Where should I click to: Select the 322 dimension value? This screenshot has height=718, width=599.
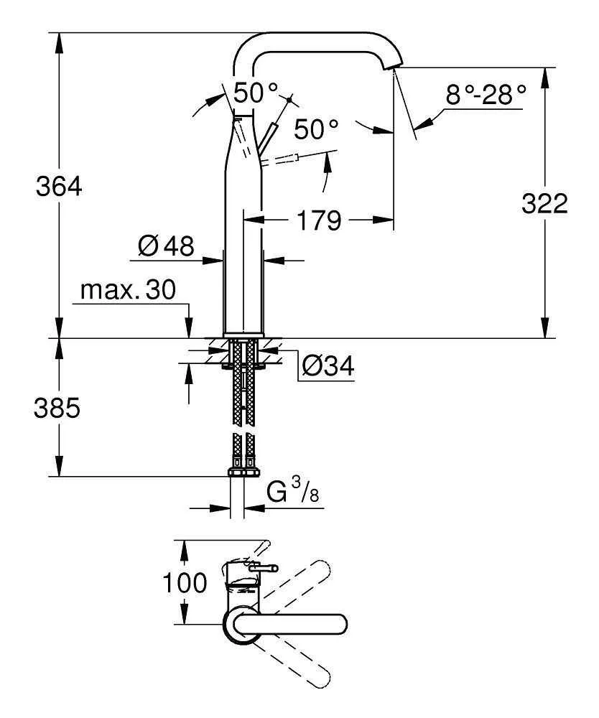click(544, 204)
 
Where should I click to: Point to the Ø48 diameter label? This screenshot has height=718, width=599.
click(166, 247)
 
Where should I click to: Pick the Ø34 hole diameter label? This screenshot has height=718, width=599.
click(328, 367)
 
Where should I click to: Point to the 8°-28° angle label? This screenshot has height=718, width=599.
click(486, 94)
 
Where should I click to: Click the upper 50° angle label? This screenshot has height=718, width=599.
click(256, 92)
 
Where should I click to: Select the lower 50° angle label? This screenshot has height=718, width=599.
click(316, 129)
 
